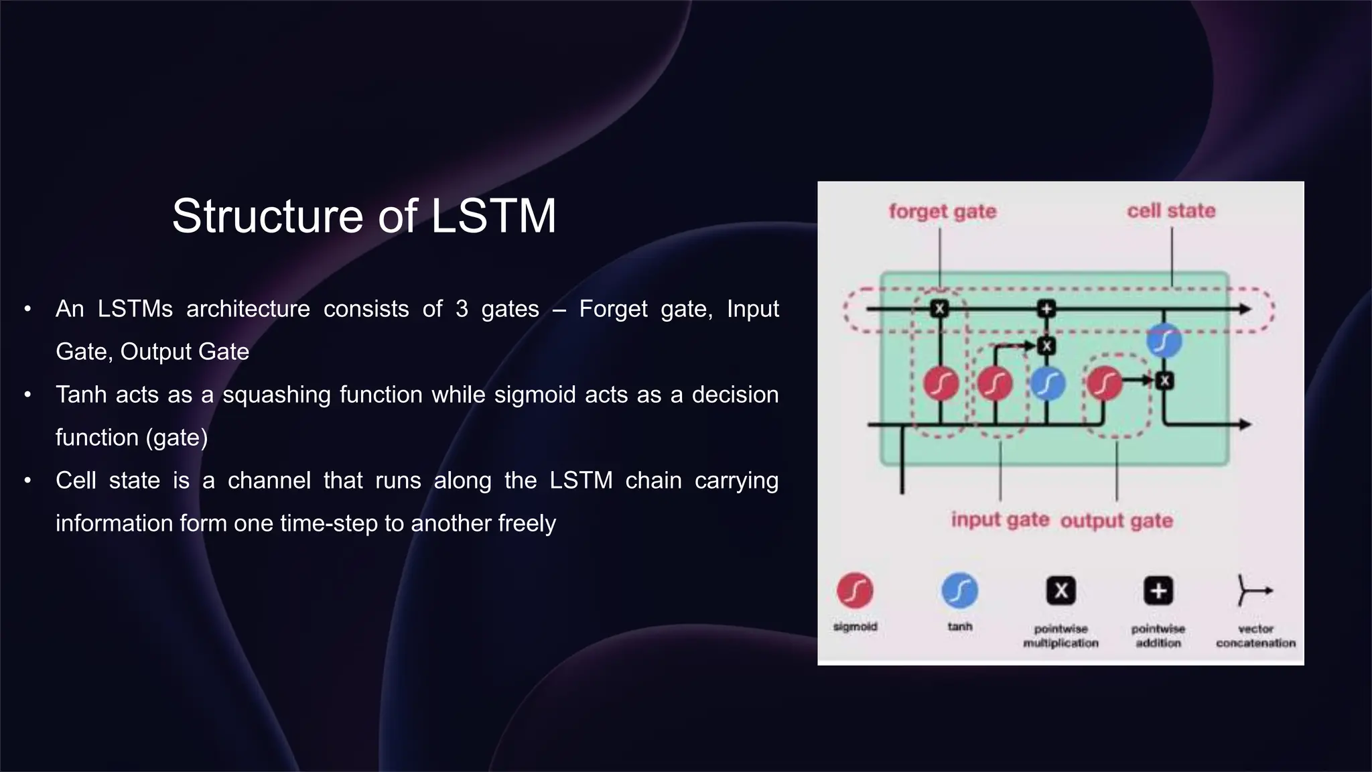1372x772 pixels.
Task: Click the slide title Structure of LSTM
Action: click(364, 216)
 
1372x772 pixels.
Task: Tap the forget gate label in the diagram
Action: click(942, 211)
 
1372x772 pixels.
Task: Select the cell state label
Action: click(1170, 210)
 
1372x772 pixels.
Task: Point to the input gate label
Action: click(1000, 520)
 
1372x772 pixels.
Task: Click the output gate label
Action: click(1116, 521)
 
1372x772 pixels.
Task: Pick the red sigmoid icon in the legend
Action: click(855, 590)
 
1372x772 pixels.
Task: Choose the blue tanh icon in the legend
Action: click(959, 590)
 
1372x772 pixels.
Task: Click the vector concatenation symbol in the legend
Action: click(1253, 590)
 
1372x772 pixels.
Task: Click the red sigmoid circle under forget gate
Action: click(941, 384)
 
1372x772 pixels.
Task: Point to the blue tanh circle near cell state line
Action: click(1164, 340)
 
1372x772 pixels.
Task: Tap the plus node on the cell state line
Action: click(1046, 309)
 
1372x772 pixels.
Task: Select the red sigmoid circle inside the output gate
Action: click(1104, 383)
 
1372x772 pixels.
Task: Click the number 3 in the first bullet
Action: click(461, 309)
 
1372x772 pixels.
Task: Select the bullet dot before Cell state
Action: click(27, 480)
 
